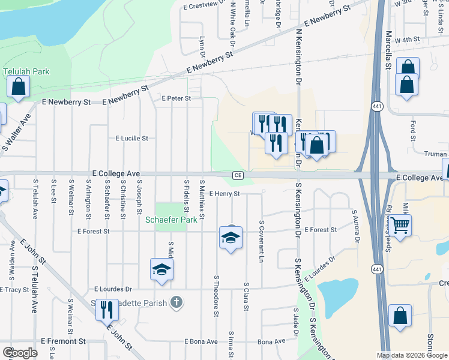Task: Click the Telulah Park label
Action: click(26, 71)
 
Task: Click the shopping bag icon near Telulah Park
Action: click(19, 86)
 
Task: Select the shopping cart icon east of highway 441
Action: click(401, 226)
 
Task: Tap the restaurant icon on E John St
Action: click(107, 310)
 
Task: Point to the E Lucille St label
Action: click(131, 138)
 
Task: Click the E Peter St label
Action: click(176, 98)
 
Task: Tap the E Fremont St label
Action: click(64, 341)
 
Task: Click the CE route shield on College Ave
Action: click(238, 175)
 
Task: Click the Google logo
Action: click(20, 353)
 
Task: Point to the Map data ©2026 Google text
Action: click(412, 355)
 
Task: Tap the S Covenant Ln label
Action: click(262, 241)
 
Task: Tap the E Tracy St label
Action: click(14, 289)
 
